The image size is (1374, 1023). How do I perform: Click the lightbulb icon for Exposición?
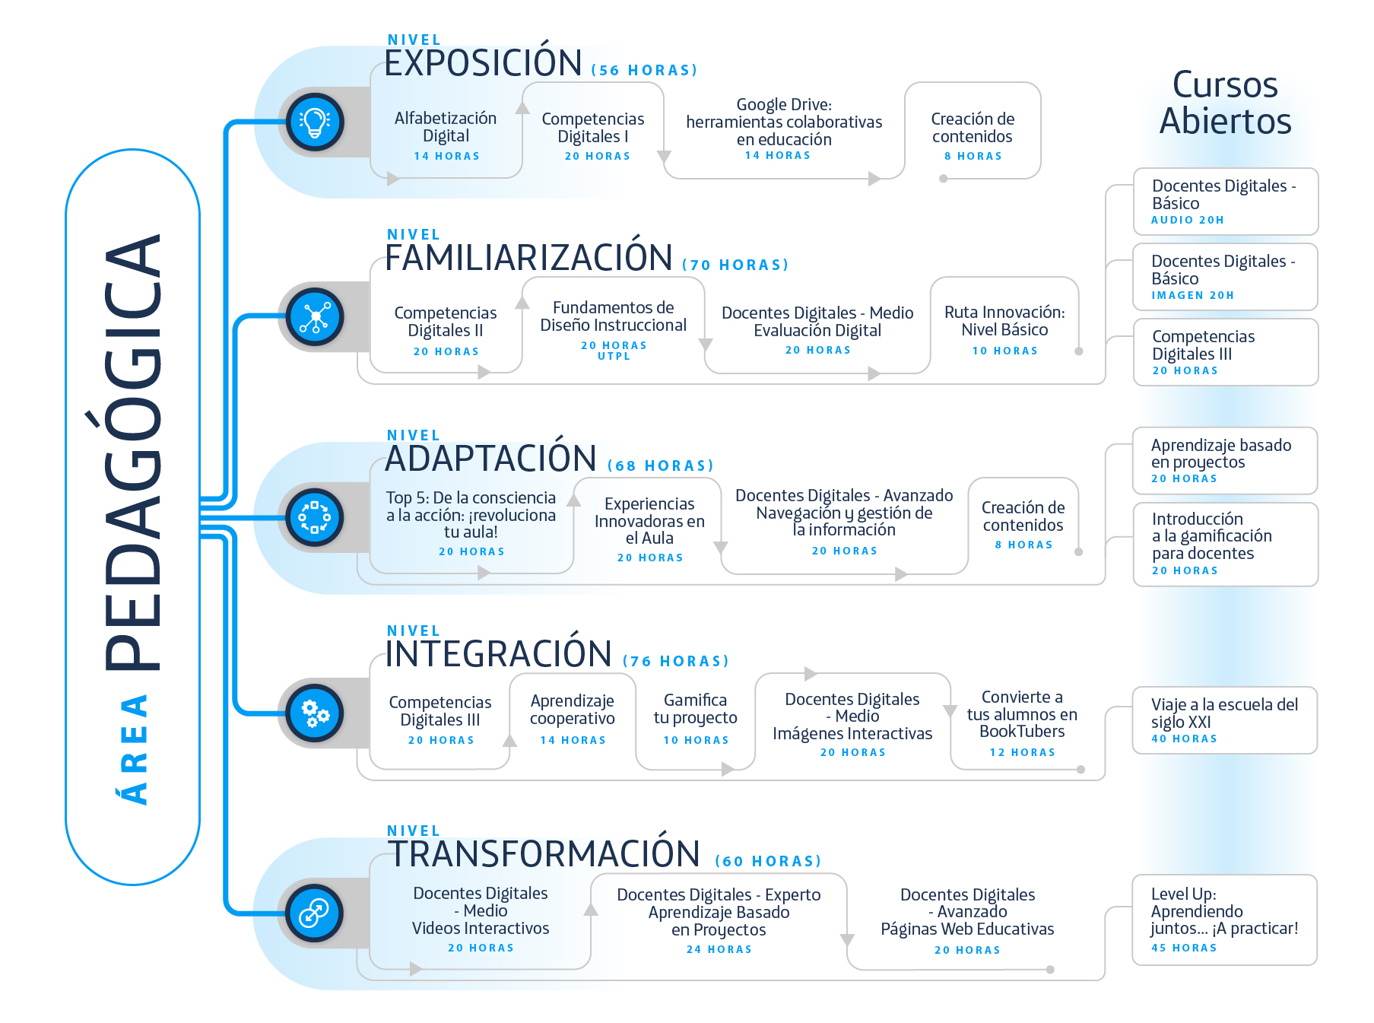tap(315, 122)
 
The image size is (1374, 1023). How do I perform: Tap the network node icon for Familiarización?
tap(315, 317)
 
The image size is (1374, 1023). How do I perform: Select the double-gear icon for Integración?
tap(315, 713)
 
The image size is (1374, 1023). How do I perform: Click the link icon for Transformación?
tap(315, 913)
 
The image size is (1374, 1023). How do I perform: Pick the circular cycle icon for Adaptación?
tap(315, 517)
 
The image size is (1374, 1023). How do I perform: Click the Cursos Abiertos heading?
tap(1225, 103)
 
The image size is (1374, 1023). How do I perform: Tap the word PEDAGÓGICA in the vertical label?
tap(133, 452)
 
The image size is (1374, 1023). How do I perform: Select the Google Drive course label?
tap(784, 122)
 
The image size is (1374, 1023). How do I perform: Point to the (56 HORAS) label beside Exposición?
tap(644, 70)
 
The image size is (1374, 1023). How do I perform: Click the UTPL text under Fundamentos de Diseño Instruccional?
tap(614, 356)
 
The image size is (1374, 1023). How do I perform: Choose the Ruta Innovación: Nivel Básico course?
tap(1004, 329)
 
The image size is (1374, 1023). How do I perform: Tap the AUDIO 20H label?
tap(1187, 220)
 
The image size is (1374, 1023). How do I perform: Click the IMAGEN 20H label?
tap(1192, 295)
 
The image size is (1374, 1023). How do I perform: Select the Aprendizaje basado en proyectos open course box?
tap(1225, 461)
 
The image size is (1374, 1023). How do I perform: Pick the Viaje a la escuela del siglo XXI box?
tap(1224, 720)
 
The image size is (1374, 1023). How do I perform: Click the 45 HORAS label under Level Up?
tap(1184, 948)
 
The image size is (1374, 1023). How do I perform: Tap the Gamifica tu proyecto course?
tap(696, 719)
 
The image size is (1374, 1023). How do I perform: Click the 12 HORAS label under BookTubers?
tap(1022, 752)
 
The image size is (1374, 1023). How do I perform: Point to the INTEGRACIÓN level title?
tap(498, 653)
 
